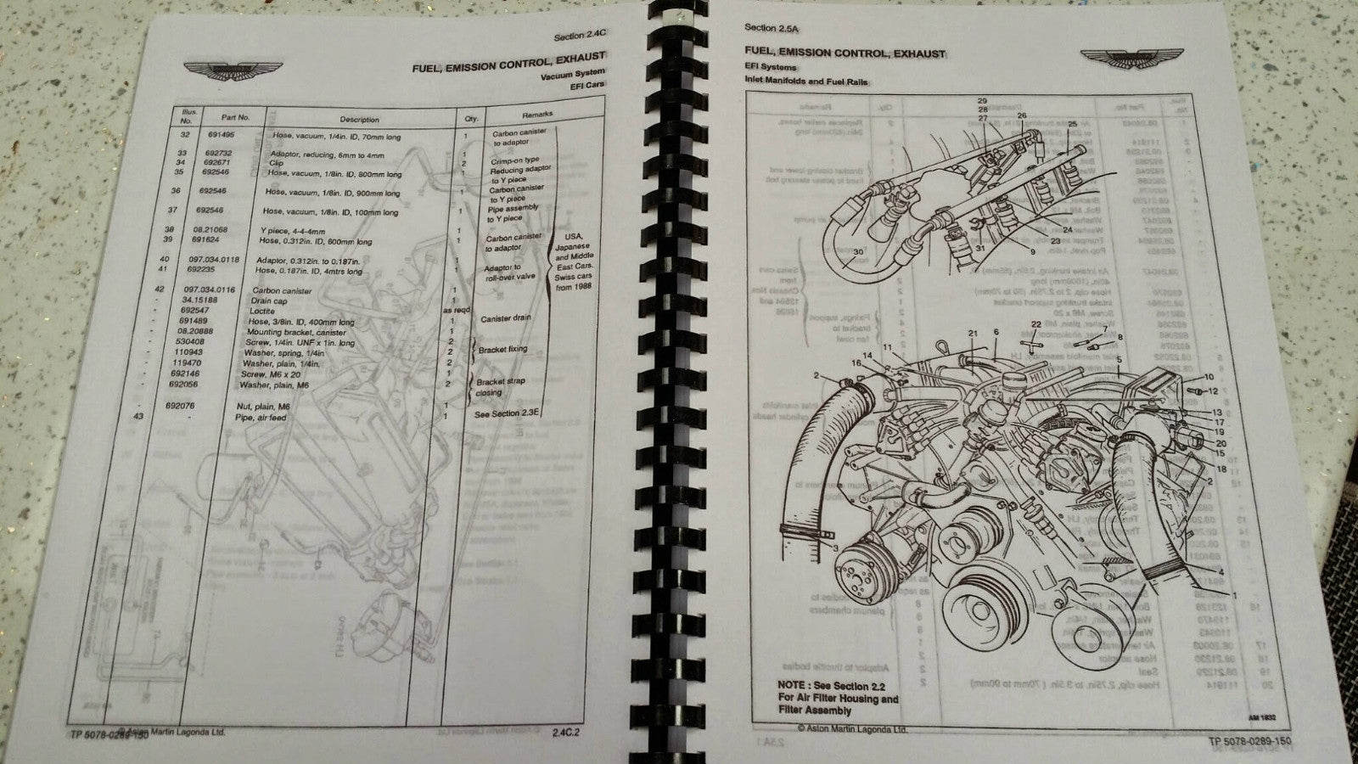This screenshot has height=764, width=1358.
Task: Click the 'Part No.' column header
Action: click(x=233, y=117)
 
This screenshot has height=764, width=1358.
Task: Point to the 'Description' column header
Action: click(x=359, y=120)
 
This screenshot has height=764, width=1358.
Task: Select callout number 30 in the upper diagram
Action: click(x=858, y=252)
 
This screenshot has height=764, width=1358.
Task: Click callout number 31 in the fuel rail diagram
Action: click(x=979, y=248)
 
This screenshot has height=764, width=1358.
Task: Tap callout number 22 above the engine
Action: click(x=1035, y=324)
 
